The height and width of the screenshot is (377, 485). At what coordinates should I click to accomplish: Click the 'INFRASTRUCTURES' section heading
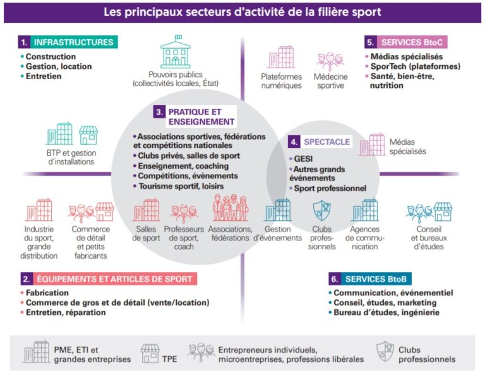pos(74,42)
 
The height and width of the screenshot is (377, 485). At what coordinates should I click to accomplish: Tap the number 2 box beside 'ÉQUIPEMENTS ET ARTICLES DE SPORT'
pos(26,278)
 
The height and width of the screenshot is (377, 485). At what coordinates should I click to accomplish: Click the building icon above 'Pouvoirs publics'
pos(175,54)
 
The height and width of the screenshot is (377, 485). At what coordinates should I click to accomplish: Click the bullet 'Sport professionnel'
pos(330,188)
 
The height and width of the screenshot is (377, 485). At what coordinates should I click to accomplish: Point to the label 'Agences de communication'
pos(364,238)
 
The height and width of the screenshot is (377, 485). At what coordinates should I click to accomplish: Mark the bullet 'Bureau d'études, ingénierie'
pos(385,312)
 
